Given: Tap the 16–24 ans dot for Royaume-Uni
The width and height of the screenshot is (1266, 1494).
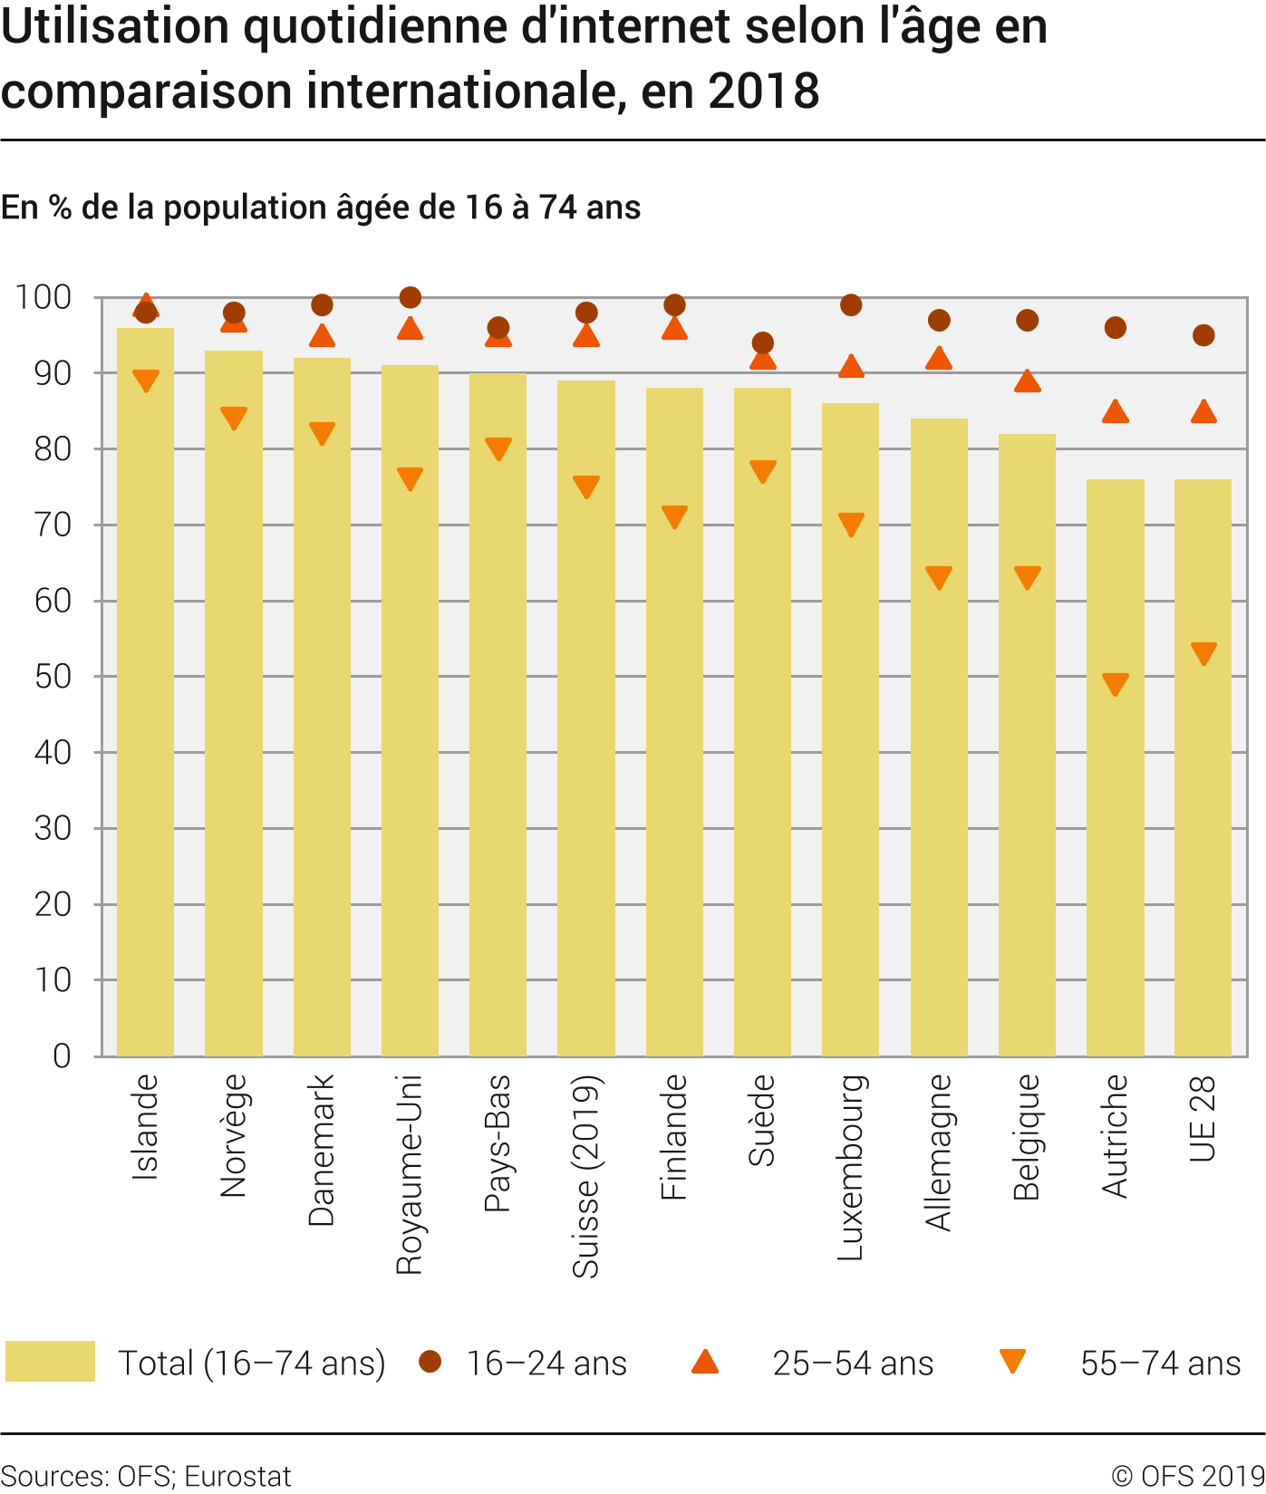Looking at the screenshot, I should coord(410,297).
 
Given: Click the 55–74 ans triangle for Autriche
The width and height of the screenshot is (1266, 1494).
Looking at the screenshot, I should coord(1115,683).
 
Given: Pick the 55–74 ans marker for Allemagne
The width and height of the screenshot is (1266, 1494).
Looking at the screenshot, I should coord(939,577).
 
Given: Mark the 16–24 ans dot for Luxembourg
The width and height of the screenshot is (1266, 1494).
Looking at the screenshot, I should coord(850,305).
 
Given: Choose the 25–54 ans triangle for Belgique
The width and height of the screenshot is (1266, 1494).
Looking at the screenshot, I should coord(1027,381).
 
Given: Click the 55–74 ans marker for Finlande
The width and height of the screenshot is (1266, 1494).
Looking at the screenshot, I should coord(674,516).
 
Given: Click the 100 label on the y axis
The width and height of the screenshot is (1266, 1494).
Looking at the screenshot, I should coord(43,297).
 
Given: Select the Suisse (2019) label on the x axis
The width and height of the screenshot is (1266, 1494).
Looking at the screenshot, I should coord(586,1176).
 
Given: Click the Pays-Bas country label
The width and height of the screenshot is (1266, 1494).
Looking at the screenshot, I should coord(498,1142).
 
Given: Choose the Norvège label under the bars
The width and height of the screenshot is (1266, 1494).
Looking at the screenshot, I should coord(233,1135).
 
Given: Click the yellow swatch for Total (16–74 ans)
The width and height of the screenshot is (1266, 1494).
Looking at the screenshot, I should coord(50,1362).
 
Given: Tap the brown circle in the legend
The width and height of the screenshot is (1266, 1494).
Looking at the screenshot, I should coord(430,1362).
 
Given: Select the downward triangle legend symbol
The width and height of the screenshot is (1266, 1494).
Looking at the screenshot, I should coord(1012,1362).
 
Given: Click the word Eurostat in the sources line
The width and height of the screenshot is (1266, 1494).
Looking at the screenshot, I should coord(237,1476).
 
